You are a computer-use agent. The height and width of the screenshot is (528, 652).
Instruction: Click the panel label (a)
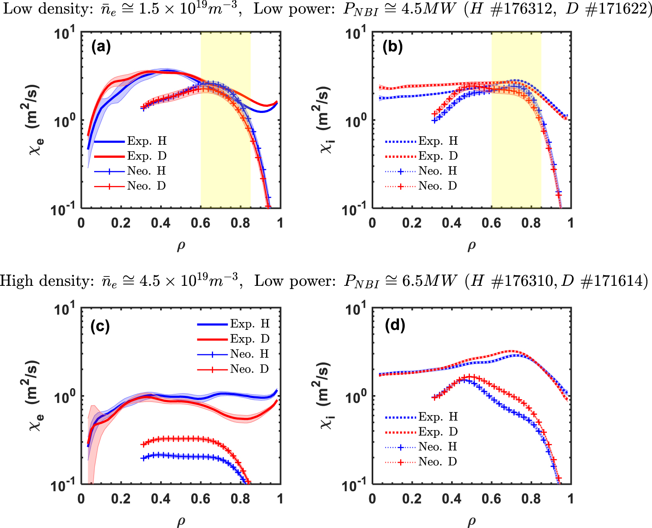(101, 47)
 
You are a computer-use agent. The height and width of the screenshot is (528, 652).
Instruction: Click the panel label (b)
(392, 47)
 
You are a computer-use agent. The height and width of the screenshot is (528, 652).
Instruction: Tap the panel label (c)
(100, 326)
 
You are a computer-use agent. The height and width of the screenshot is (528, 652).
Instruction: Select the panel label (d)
(395, 325)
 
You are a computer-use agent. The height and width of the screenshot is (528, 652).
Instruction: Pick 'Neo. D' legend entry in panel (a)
(146, 186)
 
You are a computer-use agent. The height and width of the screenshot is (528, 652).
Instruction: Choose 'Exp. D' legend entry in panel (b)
(438, 156)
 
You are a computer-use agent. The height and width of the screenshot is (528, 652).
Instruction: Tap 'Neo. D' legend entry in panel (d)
(438, 462)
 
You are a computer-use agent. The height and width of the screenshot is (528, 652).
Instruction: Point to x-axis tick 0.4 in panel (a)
(161, 223)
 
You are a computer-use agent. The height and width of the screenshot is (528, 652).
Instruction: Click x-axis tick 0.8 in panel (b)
(531, 223)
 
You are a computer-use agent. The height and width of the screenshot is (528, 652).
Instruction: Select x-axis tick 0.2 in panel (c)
(121, 499)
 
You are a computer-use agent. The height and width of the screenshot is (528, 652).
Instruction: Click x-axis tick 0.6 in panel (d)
(491, 499)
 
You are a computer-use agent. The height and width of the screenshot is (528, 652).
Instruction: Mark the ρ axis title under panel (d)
(471, 521)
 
